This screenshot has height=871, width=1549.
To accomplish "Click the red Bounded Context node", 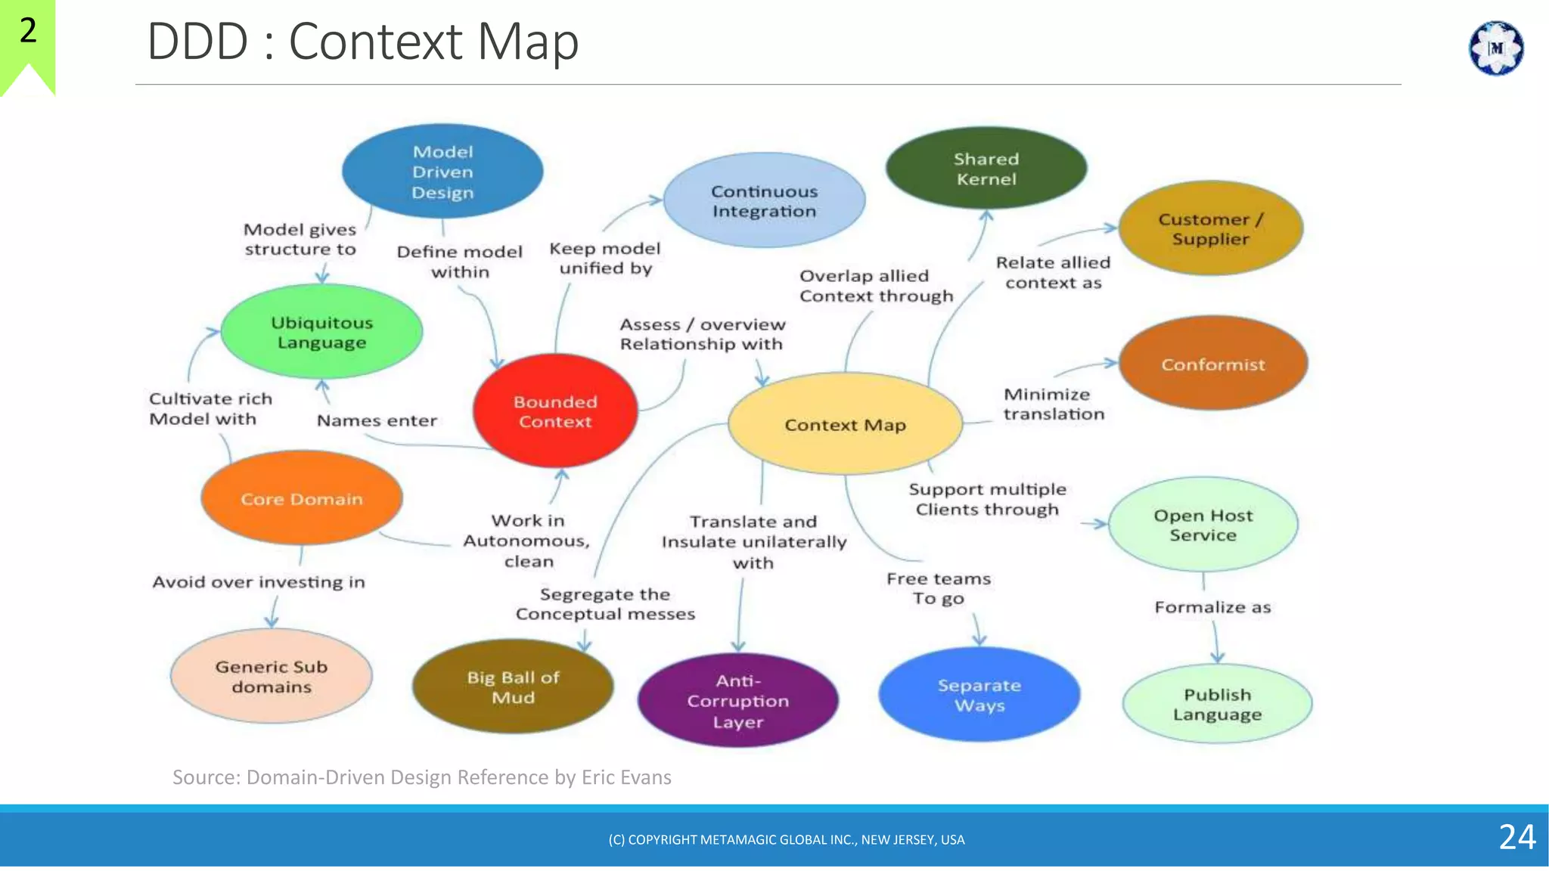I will (x=555, y=411).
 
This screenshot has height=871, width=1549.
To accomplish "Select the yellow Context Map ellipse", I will (x=845, y=424).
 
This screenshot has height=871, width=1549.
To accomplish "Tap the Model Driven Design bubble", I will (x=442, y=172).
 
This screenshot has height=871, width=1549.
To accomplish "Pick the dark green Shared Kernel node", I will (x=986, y=169).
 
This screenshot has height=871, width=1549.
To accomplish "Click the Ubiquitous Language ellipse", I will (x=321, y=332).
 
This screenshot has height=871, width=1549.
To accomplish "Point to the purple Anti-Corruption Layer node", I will (x=737, y=701).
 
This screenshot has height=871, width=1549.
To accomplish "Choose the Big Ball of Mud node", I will (x=513, y=687).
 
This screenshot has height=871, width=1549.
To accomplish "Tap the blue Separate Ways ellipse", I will (x=979, y=695).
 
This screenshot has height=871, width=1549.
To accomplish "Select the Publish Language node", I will (x=1217, y=704).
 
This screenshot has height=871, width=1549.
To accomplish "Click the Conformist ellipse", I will (x=1212, y=364).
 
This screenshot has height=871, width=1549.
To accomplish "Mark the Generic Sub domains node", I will (x=271, y=676).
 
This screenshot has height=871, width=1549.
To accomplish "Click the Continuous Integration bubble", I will (x=764, y=200).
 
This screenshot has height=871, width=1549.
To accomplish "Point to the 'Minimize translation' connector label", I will (x=1054, y=404).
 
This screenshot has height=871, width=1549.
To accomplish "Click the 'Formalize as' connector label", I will (x=1212, y=607).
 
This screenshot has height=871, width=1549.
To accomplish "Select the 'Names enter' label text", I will (x=377, y=420).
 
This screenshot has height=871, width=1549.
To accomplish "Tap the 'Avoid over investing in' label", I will (x=259, y=581).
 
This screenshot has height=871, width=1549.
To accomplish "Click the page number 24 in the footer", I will (x=1516, y=837).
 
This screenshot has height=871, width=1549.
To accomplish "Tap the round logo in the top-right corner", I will (x=1495, y=48).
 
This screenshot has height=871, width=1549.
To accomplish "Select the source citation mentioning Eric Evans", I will (x=421, y=777).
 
